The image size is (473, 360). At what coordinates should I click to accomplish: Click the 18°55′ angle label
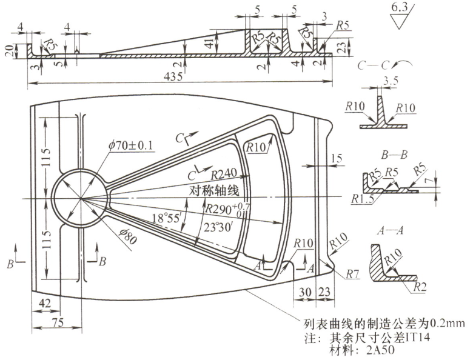coord(168,218)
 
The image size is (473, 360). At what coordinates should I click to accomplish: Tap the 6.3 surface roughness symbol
coord(401,8)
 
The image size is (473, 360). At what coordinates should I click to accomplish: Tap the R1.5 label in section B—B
coord(361,199)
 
